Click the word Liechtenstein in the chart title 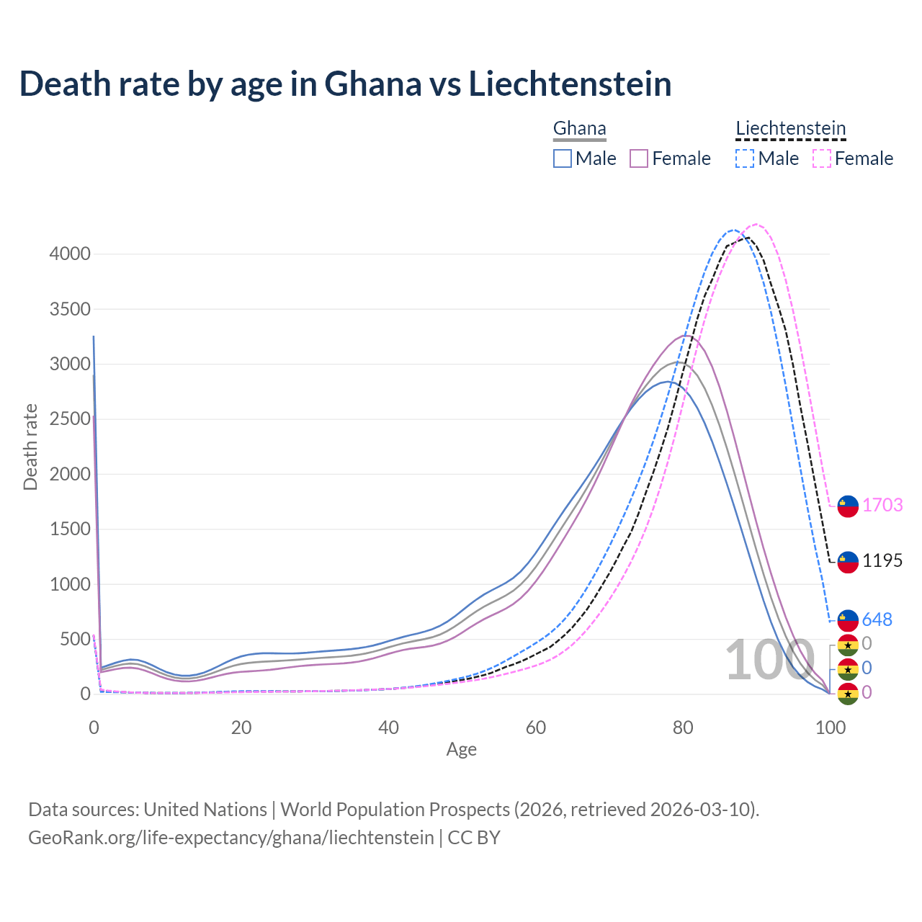[x=570, y=84]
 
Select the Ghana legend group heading [x=579, y=128]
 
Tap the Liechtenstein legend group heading [x=790, y=128]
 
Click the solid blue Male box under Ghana [x=563, y=158]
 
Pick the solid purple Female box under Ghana [x=639, y=158]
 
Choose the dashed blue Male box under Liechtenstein [x=745, y=158]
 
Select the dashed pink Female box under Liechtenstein [x=821, y=158]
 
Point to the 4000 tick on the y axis [x=70, y=254]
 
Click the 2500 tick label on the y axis [x=70, y=419]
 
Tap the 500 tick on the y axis [x=75, y=639]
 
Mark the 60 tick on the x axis [x=535, y=728]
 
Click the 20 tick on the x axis [x=241, y=728]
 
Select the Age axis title [x=461, y=749]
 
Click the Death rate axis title [x=30, y=447]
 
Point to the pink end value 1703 [x=882, y=505]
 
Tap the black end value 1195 [x=882, y=560]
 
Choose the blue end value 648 [x=877, y=619]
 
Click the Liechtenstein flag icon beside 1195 [x=848, y=562]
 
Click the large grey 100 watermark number [x=769, y=661]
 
